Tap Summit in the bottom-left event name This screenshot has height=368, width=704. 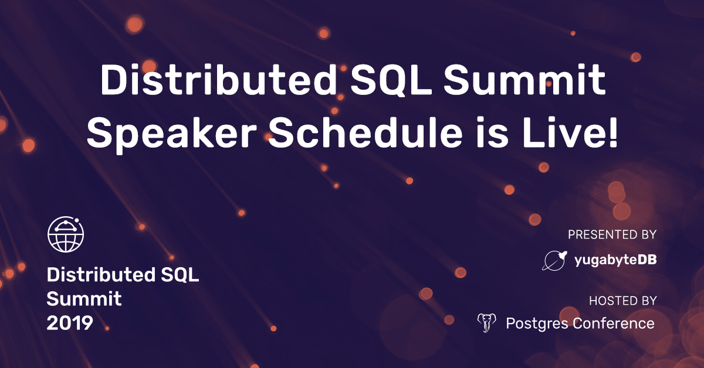coord(84,299)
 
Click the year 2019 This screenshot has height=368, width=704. coord(70,322)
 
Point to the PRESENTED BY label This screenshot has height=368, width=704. coord(611,235)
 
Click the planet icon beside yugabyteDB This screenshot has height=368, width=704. coord(554,260)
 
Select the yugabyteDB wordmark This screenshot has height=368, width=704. coord(615,261)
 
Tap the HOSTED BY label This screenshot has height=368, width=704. coord(622,301)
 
